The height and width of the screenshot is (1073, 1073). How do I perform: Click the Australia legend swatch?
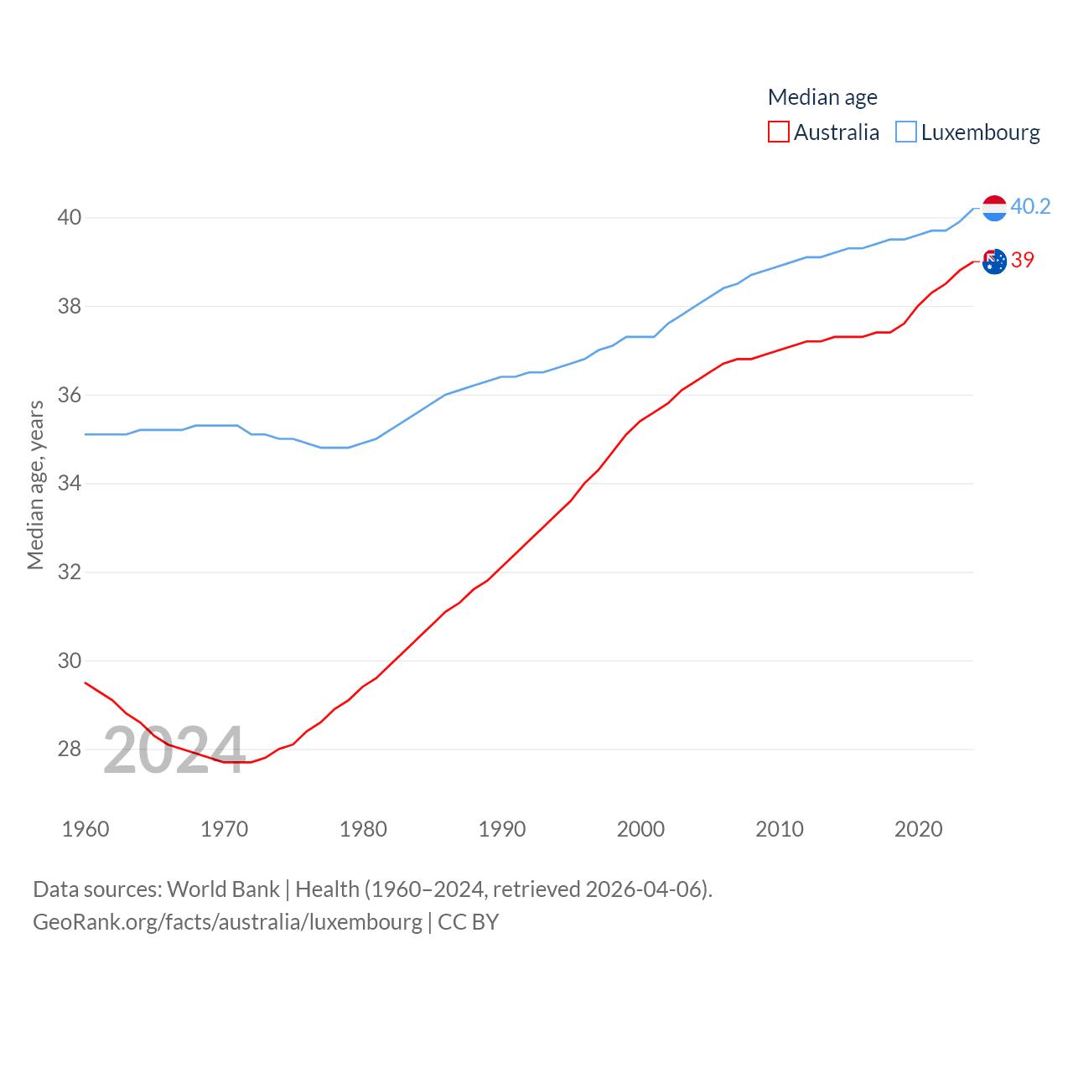[x=779, y=132]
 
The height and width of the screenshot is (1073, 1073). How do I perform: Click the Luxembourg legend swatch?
[x=906, y=132]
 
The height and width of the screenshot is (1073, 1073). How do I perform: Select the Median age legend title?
[x=822, y=97]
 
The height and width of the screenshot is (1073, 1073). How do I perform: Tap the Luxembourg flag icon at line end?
[x=994, y=208]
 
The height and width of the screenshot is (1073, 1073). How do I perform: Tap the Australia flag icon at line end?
[x=994, y=262]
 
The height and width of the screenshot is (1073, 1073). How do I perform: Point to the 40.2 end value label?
[x=1030, y=206]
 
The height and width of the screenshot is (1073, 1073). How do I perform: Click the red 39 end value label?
[x=1023, y=260]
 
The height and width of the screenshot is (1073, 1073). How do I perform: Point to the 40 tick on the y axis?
[x=70, y=218]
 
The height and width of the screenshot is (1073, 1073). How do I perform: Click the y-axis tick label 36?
[x=70, y=395]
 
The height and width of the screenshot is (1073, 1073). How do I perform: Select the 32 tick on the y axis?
[x=70, y=573]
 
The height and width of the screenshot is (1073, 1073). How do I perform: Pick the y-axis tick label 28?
[x=70, y=749]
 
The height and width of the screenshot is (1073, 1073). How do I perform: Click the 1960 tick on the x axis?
[x=86, y=829]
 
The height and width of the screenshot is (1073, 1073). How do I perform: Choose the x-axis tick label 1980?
[x=363, y=829]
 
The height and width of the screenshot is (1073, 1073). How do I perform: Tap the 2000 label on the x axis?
[x=640, y=829]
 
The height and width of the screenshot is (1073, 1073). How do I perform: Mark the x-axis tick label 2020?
[x=919, y=829]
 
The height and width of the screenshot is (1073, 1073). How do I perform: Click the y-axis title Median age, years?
[x=35, y=485]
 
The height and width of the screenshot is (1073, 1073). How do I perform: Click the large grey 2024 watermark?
[x=174, y=749]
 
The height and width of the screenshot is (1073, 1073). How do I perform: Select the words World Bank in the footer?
[x=223, y=889]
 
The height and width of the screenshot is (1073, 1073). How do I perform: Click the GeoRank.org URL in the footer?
[x=227, y=922]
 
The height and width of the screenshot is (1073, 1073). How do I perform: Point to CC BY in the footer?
[x=469, y=922]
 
